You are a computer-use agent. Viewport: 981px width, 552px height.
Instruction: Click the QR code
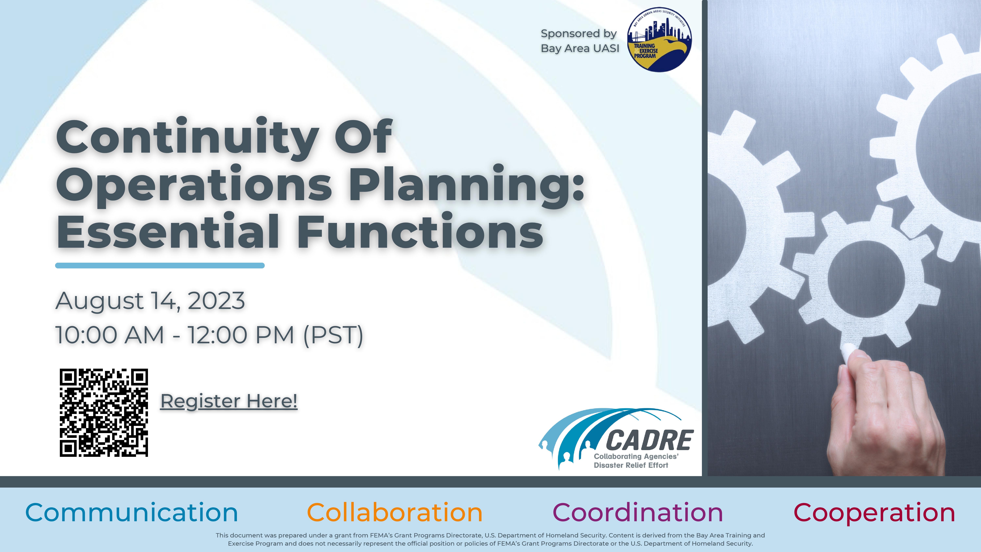click(x=104, y=413)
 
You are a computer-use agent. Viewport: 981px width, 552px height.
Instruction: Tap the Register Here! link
click(x=229, y=401)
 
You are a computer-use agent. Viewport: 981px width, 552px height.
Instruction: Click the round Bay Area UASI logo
click(x=659, y=40)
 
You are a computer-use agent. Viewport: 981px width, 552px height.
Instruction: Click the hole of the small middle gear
click(x=866, y=279)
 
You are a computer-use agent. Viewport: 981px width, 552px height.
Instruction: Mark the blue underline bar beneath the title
click(x=160, y=265)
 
